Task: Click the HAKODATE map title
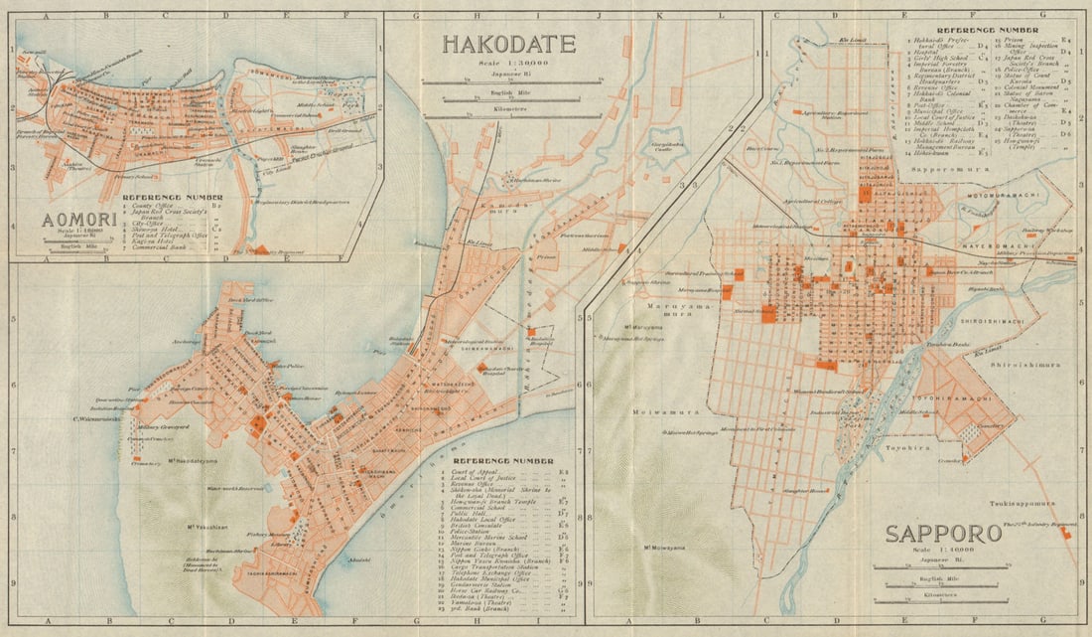(x=508, y=44)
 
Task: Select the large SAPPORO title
(x=943, y=535)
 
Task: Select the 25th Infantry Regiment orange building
(x=1064, y=534)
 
